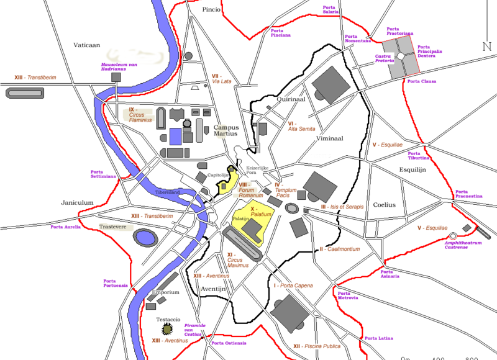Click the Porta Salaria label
(331, 9)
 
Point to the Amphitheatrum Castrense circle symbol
(453, 235)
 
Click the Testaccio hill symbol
(166, 330)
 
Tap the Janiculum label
(77, 202)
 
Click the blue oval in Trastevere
(146, 237)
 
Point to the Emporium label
(165, 292)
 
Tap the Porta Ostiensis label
(229, 343)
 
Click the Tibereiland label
(168, 192)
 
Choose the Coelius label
(384, 204)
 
